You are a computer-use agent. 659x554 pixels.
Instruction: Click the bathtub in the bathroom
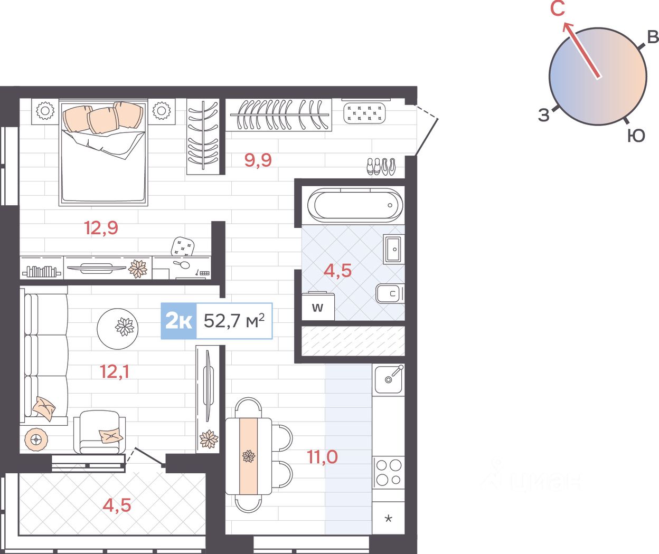point(355,205)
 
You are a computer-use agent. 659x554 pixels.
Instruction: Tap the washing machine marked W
point(318,307)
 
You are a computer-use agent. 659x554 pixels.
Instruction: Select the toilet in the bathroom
point(390,293)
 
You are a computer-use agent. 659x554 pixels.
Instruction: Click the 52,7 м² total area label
point(234,321)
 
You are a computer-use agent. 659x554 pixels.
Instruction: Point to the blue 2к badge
point(178,321)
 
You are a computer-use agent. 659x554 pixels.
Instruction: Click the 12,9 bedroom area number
point(101,228)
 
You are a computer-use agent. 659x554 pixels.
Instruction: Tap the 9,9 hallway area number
point(258,160)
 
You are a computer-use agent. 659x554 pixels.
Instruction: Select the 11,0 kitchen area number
point(322,457)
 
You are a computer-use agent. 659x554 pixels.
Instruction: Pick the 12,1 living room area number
point(114,372)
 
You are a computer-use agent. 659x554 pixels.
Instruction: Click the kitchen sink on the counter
point(389,379)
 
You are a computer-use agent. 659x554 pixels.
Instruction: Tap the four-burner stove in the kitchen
point(389,473)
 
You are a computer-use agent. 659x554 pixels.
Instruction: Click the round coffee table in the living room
point(117,329)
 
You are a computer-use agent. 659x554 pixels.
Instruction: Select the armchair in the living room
point(100,432)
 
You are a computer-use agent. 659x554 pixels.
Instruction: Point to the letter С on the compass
point(558,9)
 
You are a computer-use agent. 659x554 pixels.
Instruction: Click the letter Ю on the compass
point(636,136)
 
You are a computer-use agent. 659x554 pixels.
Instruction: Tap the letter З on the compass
point(543,115)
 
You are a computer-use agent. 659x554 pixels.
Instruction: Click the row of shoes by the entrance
point(381,166)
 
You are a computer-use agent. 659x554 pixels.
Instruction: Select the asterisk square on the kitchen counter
point(389,518)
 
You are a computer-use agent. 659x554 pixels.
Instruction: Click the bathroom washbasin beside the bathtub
point(394,249)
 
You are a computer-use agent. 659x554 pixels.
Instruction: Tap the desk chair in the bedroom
point(182,246)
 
